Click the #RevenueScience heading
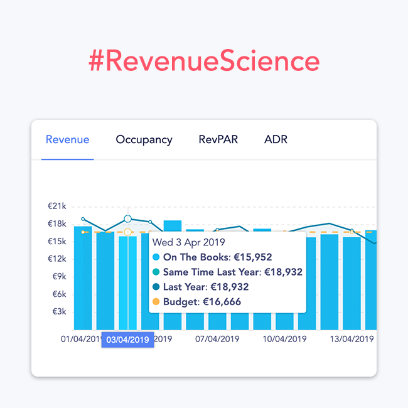point(204,62)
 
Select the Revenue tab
point(68,139)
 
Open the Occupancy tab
point(144,139)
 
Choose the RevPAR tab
point(218,139)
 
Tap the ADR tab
point(276,139)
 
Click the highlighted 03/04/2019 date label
point(127,340)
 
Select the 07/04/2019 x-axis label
point(217,339)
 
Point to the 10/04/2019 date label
point(284,339)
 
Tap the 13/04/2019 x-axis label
point(352,339)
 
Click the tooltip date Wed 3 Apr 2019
point(189,242)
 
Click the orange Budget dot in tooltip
point(156,302)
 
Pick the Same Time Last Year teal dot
point(156,272)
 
